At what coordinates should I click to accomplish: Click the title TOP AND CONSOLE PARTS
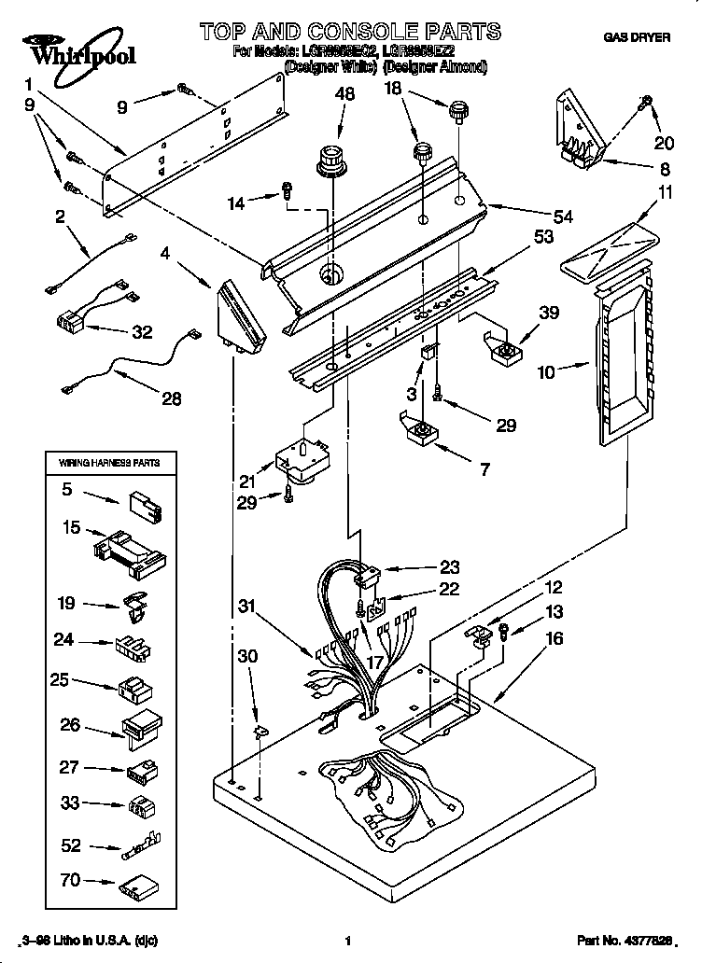click(349, 33)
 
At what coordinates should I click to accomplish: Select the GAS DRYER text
click(637, 37)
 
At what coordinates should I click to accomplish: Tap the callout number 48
click(344, 93)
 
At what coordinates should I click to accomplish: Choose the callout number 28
click(171, 398)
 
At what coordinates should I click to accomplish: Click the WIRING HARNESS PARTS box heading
click(110, 462)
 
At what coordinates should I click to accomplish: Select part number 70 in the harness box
click(70, 878)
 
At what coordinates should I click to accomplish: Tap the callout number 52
click(70, 846)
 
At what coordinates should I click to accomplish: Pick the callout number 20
click(664, 142)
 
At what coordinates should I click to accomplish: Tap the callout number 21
click(246, 482)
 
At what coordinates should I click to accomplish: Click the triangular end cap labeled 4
click(238, 315)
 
